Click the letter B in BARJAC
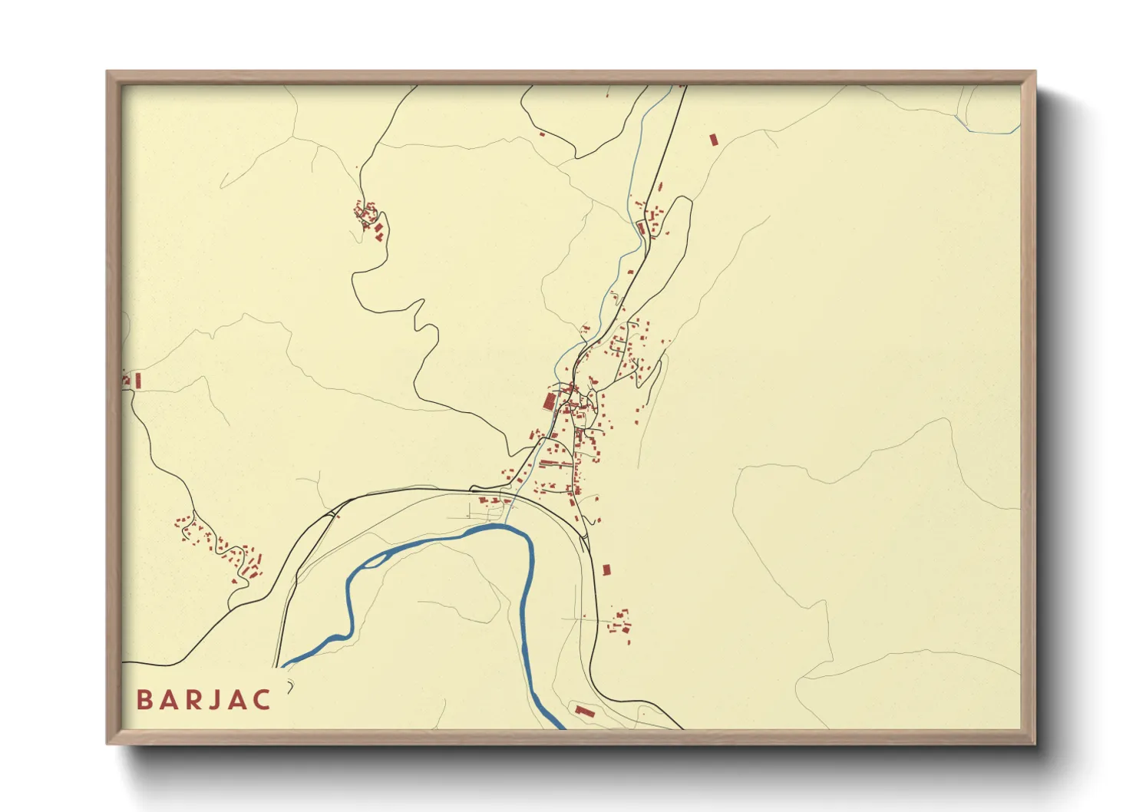(x=143, y=699)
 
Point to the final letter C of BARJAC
(x=263, y=699)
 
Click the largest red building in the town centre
(x=549, y=401)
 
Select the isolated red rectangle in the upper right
(x=713, y=140)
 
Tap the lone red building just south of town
(x=606, y=569)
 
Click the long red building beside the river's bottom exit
(x=585, y=711)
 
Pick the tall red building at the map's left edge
(x=138, y=380)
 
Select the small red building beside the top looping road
(x=542, y=134)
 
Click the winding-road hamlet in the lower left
(x=223, y=547)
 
